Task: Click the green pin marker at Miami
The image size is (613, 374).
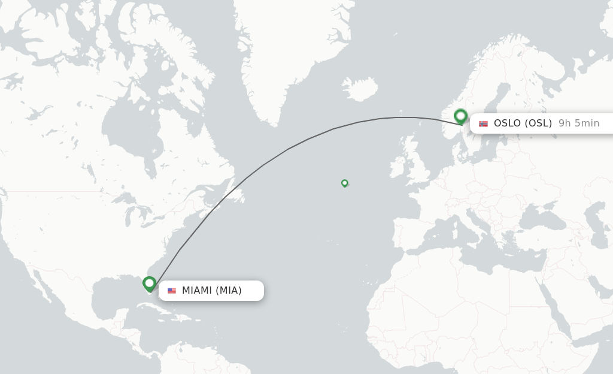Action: point(149,283)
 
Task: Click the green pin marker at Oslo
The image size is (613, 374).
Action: point(460,116)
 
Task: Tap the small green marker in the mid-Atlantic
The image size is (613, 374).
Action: point(345,183)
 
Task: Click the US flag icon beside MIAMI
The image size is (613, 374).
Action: point(172,291)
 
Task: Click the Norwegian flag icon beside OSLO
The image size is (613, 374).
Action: point(483,123)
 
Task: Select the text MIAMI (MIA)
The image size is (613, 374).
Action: point(212,291)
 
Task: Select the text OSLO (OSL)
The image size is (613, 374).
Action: point(523,123)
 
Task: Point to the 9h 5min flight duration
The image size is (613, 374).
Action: point(579,123)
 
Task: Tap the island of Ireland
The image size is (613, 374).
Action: point(397,167)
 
